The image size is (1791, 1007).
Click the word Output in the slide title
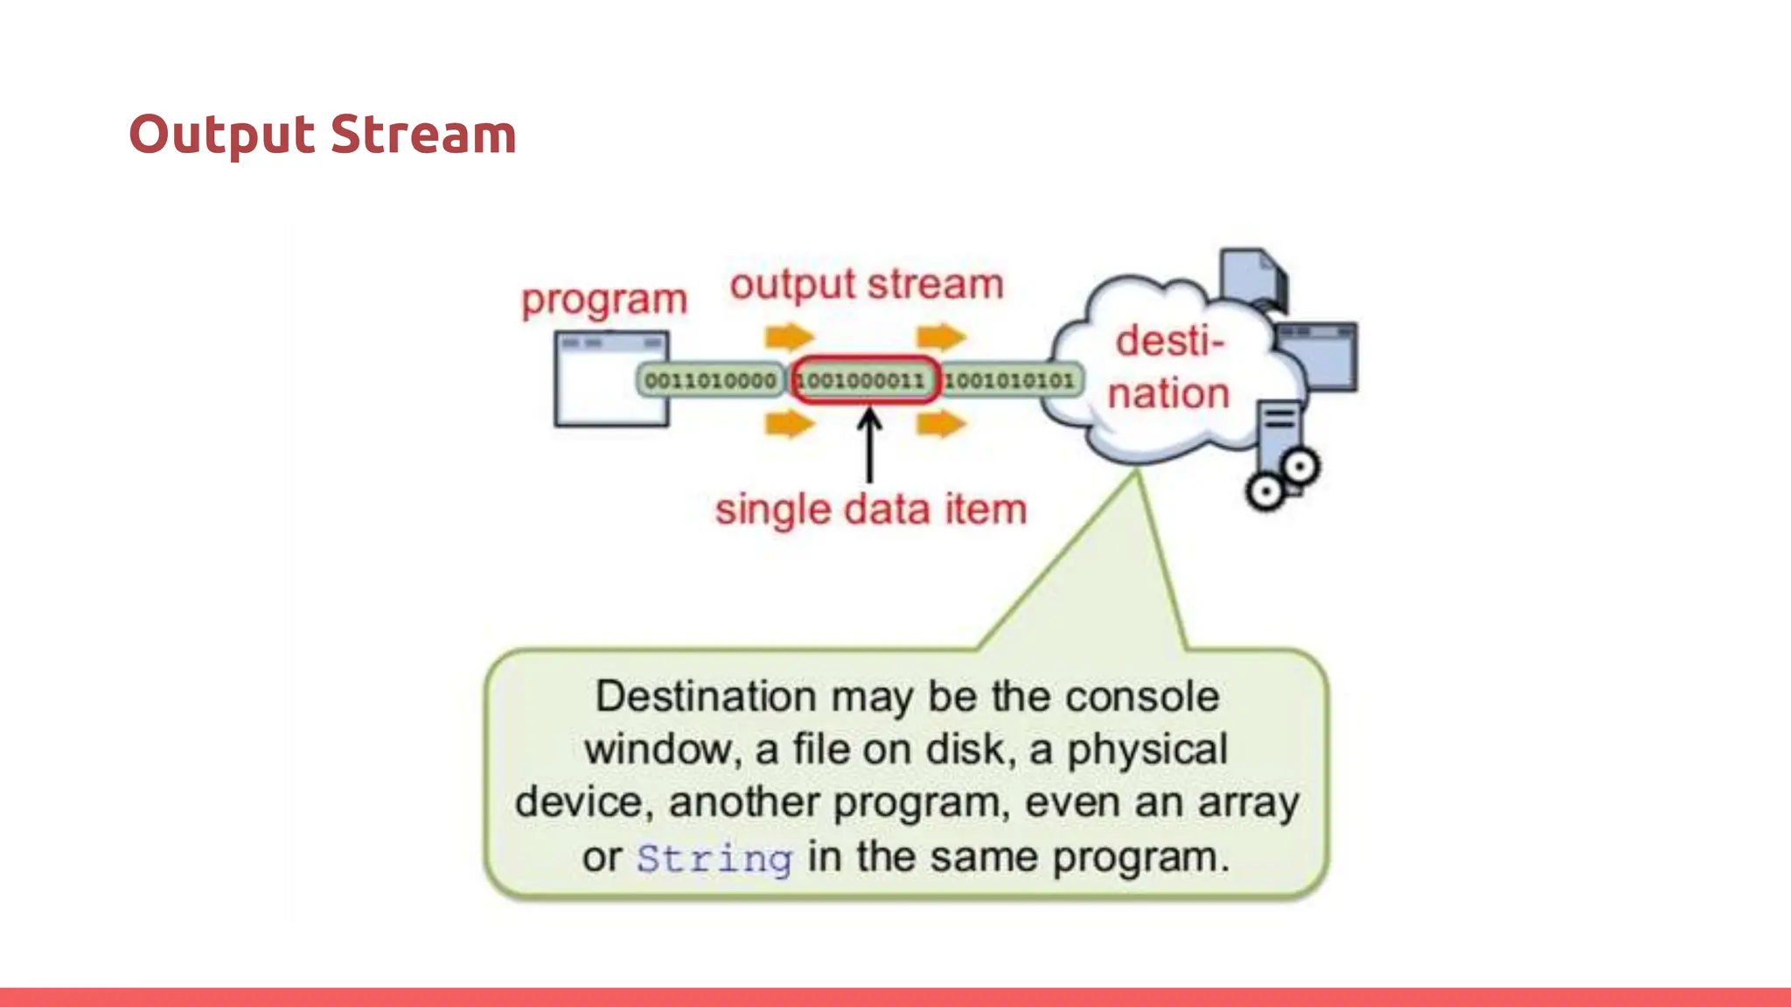[x=220, y=135]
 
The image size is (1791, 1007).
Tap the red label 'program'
[x=604, y=300]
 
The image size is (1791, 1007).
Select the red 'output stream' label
[x=867, y=284]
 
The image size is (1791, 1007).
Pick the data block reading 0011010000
[x=710, y=380]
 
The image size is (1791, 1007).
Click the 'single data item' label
[x=870, y=509]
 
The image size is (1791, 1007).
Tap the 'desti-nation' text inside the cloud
[x=1169, y=367]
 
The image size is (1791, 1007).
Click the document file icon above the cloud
[x=1252, y=278]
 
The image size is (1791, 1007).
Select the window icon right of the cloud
[x=1317, y=356]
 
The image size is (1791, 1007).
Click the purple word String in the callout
[x=714, y=858]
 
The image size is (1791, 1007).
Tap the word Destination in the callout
[x=705, y=697]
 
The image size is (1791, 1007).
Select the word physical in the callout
[x=1147, y=750]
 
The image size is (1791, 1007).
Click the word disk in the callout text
[x=965, y=750]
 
